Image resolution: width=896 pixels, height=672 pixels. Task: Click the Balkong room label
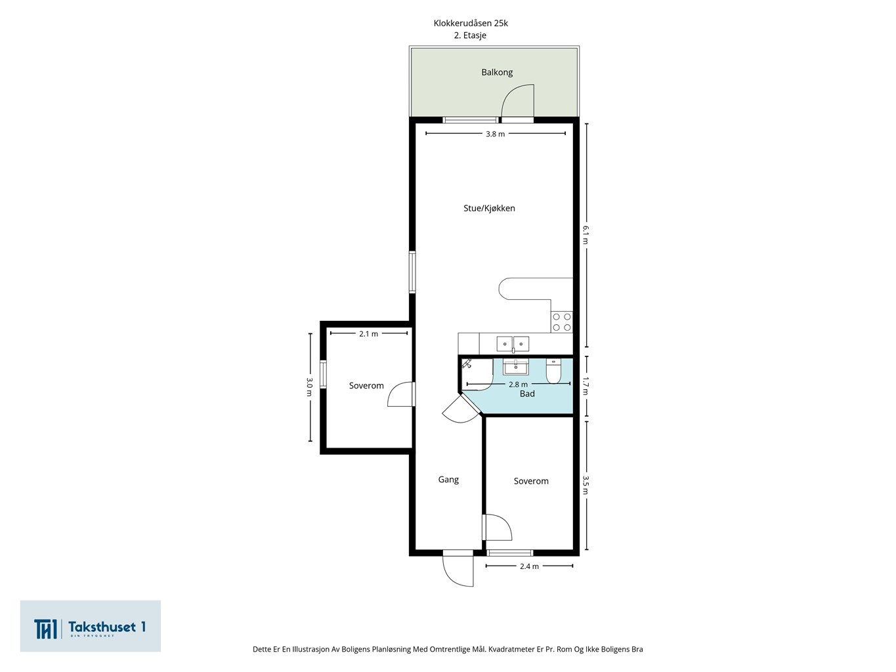[x=497, y=72]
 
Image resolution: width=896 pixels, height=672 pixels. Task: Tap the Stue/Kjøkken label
[x=489, y=208]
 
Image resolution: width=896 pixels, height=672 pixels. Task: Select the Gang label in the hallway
[x=448, y=480]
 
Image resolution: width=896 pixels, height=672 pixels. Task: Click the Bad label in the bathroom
[x=527, y=394]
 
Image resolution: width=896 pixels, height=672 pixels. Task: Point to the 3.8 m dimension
[x=495, y=134]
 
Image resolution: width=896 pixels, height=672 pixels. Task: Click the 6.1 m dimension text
[x=586, y=235]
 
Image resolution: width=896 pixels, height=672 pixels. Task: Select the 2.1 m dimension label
[x=369, y=334]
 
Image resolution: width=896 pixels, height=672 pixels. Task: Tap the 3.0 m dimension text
[x=309, y=387]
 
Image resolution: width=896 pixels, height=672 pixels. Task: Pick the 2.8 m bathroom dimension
[x=518, y=385]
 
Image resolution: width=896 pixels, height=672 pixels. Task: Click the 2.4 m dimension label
[x=530, y=566]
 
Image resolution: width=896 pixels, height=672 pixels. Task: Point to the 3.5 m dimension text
[x=586, y=485]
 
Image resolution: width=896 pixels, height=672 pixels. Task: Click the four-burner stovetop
[x=562, y=322]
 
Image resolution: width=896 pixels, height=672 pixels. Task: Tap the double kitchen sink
[x=513, y=344]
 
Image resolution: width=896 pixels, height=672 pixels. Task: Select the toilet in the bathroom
[x=553, y=371]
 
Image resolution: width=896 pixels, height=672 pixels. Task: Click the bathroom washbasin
[x=516, y=367]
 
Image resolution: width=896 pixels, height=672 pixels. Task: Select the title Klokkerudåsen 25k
[x=471, y=23]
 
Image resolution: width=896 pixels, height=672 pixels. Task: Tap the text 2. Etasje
[x=470, y=35]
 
